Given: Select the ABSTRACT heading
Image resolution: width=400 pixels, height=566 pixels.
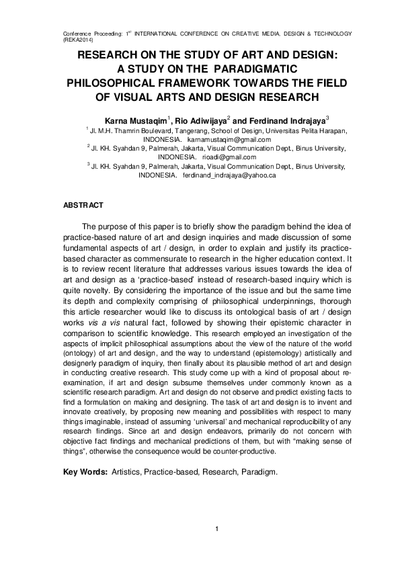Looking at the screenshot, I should [x=83, y=204].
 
